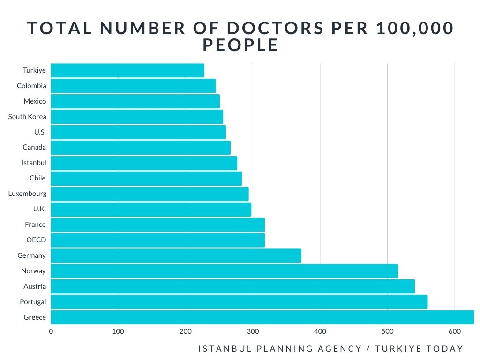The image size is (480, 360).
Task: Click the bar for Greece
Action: [x=262, y=317]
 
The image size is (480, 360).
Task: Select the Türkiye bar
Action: [x=127, y=70]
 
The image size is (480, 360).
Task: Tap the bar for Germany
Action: [x=176, y=255]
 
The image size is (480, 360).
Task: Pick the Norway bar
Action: [x=224, y=271]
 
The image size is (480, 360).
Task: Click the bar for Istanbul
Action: [x=144, y=163]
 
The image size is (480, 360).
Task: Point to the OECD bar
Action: [x=157, y=240]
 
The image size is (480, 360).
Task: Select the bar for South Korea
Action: [x=137, y=117]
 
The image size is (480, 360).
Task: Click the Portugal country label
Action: [x=33, y=302]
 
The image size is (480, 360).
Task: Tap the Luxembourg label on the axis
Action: [x=27, y=194]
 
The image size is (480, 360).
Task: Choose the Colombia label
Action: [x=31, y=86]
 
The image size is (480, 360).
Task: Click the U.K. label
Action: [x=39, y=209]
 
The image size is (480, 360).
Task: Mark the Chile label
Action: [x=37, y=178]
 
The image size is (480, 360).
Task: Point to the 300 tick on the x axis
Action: [x=253, y=332]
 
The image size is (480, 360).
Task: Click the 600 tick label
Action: [x=455, y=332]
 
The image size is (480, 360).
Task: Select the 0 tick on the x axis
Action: [x=51, y=332]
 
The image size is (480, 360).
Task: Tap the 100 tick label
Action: [x=118, y=332]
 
